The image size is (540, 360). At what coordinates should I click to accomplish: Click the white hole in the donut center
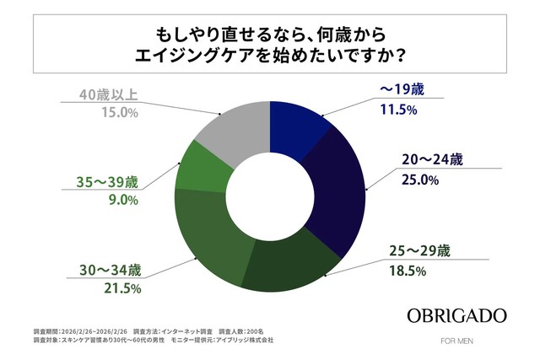tap(269, 193)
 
